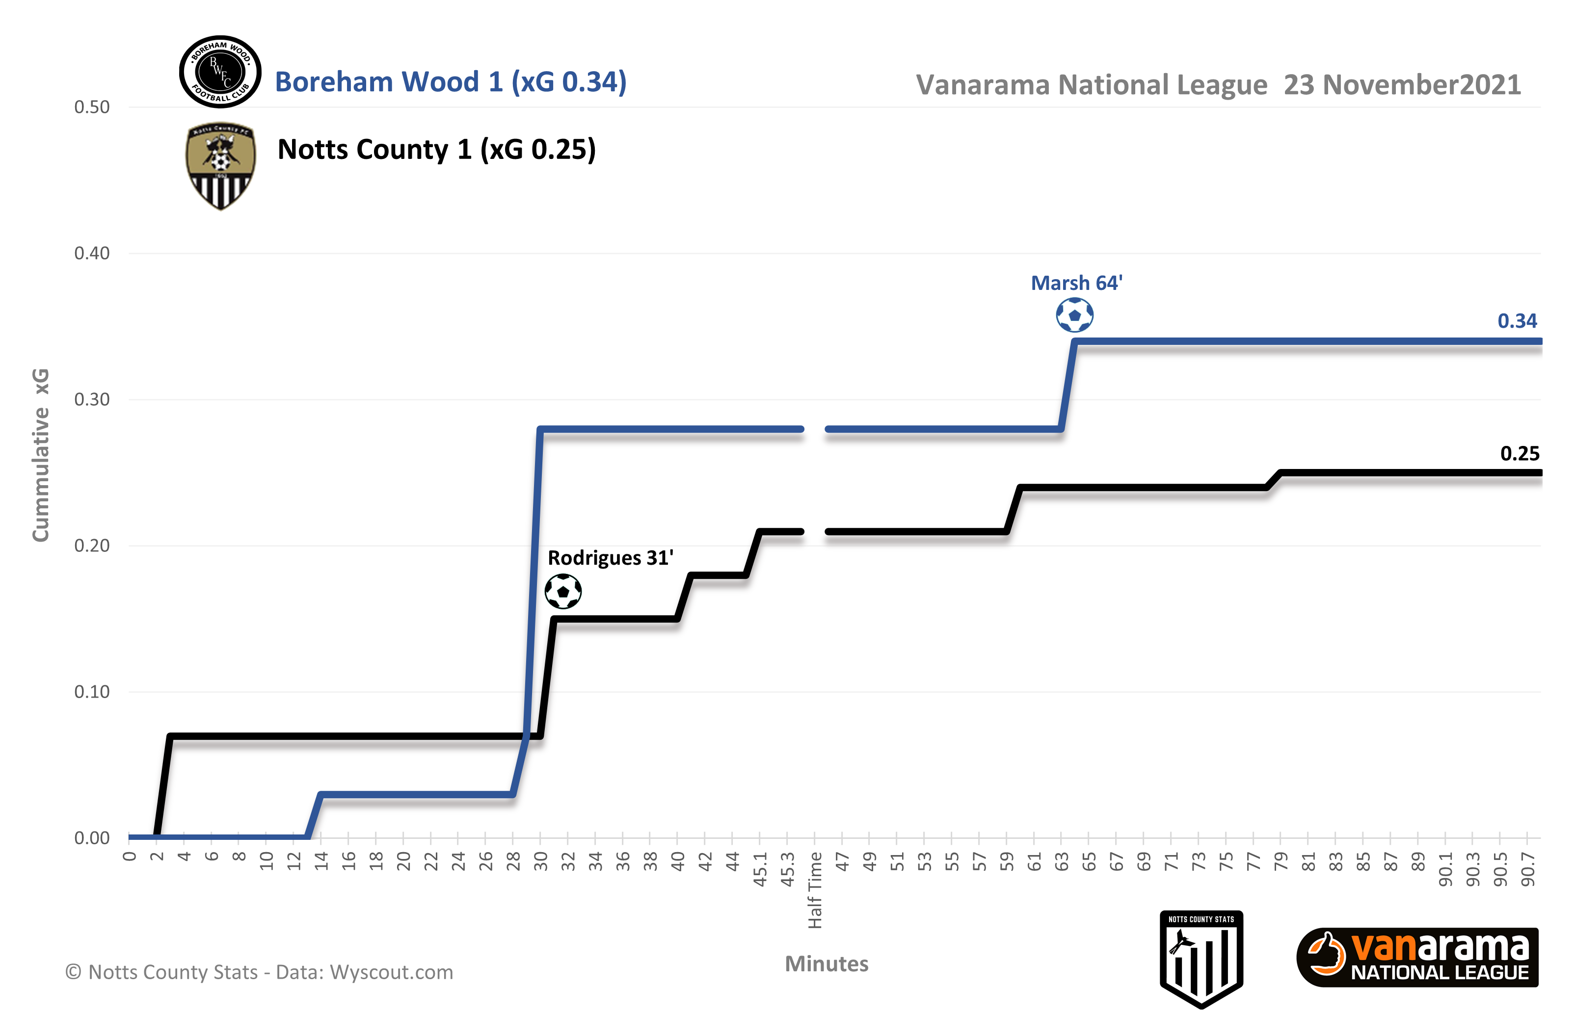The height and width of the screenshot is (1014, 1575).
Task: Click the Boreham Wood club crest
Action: [220, 72]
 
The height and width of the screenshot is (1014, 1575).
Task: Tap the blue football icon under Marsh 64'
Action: [1074, 315]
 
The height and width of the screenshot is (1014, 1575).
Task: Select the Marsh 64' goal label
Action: [1076, 283]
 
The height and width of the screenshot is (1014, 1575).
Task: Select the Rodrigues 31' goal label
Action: [611, 558]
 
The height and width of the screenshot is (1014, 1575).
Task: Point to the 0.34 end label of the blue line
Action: [1517, 321]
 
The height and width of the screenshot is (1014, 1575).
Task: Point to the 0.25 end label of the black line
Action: [1520, 454]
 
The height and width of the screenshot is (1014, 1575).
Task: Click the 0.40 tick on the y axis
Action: [92, 254]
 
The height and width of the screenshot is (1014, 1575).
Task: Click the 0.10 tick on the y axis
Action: [92, 692]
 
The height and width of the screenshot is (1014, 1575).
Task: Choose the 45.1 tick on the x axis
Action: [760, 869]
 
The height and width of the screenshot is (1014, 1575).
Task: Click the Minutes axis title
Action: [827, 964]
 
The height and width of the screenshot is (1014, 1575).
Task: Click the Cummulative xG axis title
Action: [41, 455]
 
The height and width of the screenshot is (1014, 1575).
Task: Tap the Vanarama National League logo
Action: [1417, 958]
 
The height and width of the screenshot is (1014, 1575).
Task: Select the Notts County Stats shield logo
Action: [1201, 958]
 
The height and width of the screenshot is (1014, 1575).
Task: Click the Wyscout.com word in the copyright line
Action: [391, 972]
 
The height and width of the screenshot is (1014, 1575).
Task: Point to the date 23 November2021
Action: [1402, 85]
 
